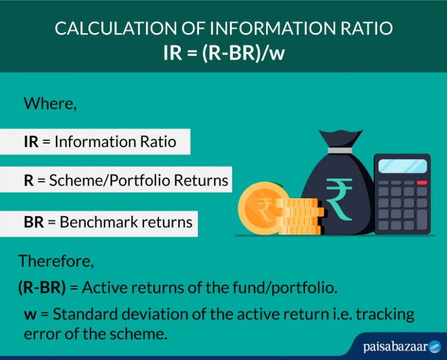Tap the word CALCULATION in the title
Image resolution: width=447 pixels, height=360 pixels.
[x=103, y=28]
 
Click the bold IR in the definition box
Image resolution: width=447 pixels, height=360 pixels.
[x=31, y=142]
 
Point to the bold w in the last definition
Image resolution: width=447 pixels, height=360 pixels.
[x=30, y=315]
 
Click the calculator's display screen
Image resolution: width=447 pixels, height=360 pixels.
[x=402, y=166]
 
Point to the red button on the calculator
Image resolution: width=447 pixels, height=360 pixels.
[x=422, y=183]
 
